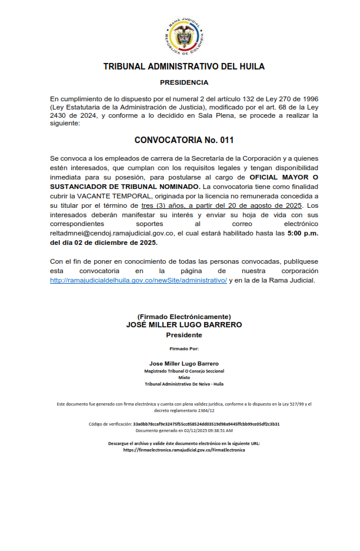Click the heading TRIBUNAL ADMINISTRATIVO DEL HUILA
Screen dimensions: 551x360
click(184, 67)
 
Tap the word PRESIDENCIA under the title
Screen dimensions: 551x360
click(184, 83)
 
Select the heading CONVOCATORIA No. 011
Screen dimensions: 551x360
click(184, 141)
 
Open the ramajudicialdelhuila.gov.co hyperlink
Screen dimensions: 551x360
click(138, 280)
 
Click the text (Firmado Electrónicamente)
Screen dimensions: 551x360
click(184, 317)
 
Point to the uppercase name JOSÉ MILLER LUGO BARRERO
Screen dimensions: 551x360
click(184, 325)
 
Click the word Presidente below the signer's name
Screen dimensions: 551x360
click(184, 335)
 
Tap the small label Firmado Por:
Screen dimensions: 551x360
click(184, 349)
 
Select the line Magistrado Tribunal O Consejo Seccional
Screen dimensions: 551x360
click(184, 371)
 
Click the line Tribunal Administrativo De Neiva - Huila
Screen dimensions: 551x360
click(184, 384)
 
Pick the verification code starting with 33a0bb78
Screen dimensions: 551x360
click(206, 424)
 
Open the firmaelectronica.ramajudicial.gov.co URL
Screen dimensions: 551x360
click(184, 450)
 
